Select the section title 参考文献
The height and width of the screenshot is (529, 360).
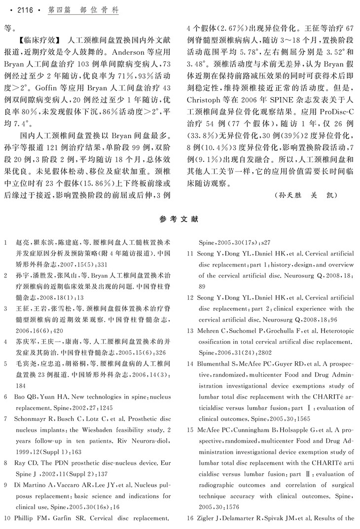point(180,219)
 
